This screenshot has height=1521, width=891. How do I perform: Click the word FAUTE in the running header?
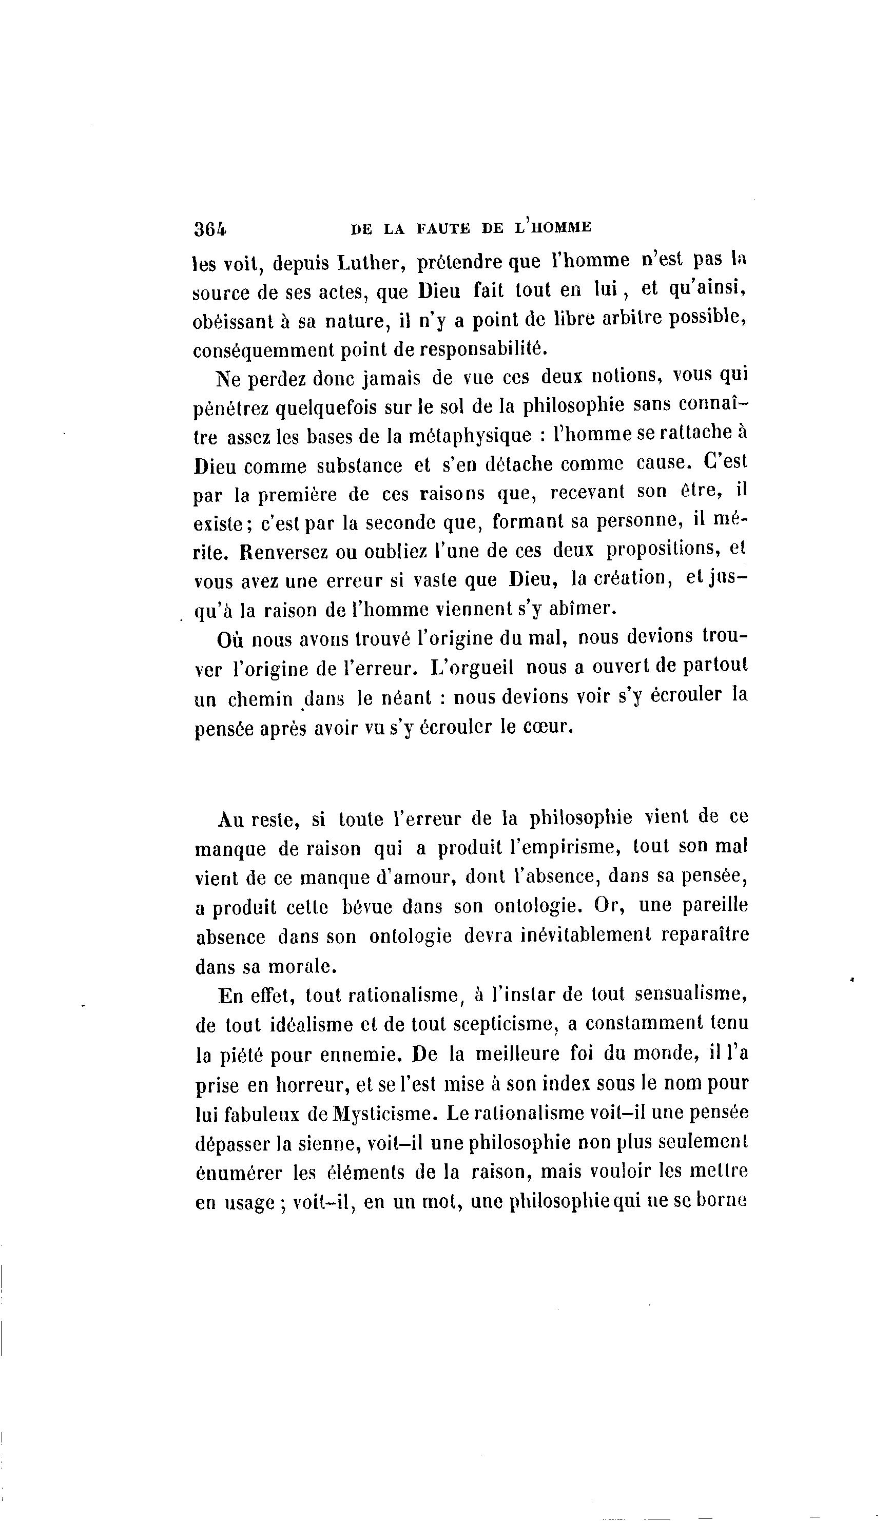coord(442,228)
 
